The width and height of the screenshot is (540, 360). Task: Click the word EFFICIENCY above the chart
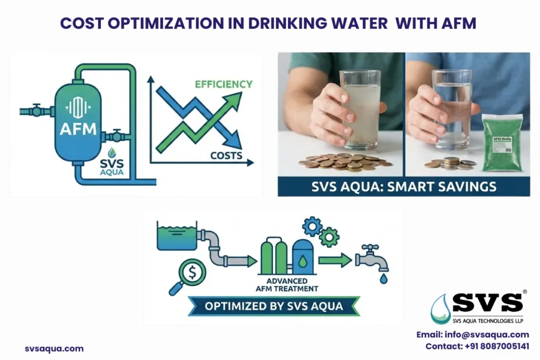[224, 84]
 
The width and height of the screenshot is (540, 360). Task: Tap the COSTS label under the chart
[226, 155]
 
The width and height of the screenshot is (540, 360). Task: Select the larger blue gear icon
[312, 226]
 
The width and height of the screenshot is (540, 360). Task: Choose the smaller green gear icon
[329, 237]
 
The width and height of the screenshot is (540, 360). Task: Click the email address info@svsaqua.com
[472, 335]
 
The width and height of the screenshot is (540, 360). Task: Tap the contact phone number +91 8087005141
[477, 346]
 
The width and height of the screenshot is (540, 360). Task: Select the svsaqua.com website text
[54, 348]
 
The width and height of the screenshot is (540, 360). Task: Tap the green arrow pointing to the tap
[334, 260]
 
